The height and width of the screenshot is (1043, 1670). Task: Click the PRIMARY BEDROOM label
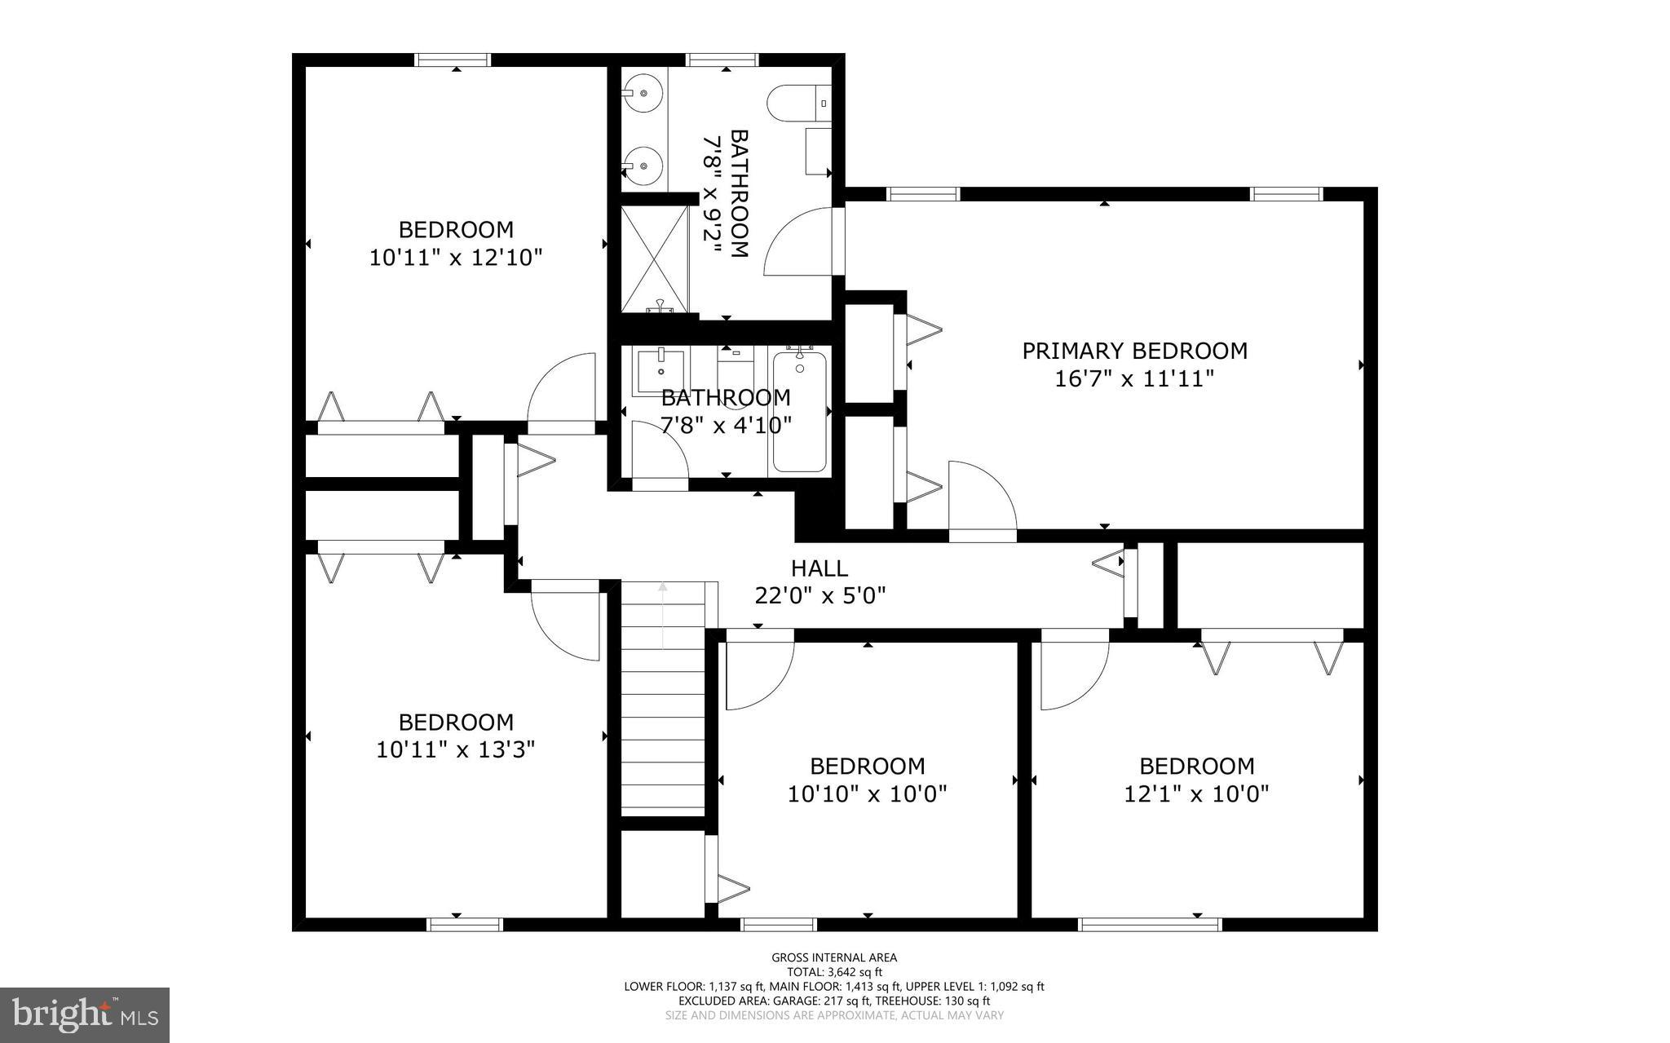[1134, 351]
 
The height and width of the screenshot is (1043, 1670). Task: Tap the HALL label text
[819, 568]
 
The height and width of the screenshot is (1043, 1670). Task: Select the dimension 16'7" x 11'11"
[1134, 379]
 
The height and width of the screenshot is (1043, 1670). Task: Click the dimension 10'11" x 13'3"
[455, 749]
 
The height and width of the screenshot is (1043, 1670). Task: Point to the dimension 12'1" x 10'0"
[1196, 793]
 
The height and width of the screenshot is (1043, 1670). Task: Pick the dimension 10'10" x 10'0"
[867, 793]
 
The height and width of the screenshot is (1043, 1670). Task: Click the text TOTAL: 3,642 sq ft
[834, 972]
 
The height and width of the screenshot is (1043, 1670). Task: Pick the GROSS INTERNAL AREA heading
[834, 957]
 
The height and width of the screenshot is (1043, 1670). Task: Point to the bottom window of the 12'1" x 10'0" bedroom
[1149, 924]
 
